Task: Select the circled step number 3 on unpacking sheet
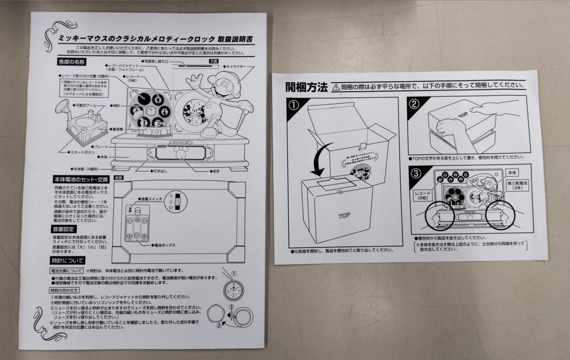pos(415,174)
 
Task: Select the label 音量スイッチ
pos(153,199)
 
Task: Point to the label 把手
pos(216,170)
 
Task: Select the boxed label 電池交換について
pos(65,271)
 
